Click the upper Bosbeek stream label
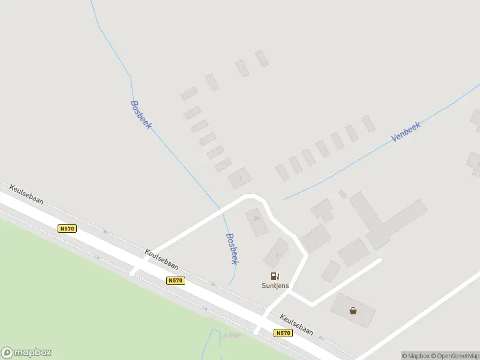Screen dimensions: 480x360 (x=142, y=114)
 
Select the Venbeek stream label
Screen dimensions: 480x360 (x=406, y=131)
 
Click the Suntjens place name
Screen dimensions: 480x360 (x=275, y=286)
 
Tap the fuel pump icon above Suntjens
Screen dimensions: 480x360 (x=275, y=276)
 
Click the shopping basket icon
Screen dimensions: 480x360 (x=353, y=310)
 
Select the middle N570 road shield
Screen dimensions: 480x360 (x=175, y=280)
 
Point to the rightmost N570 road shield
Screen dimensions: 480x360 (x=283, y=333)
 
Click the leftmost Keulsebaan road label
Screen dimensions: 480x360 (x=26, y=196)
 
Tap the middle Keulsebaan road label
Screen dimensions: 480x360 (x=161, y=262)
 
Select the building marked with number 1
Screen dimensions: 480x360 (x=240, y=178)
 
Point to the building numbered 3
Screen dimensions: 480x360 (x=277, y=253)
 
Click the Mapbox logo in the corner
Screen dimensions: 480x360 (x=26, y=353)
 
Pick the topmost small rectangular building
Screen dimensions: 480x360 (x=262, y=58)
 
